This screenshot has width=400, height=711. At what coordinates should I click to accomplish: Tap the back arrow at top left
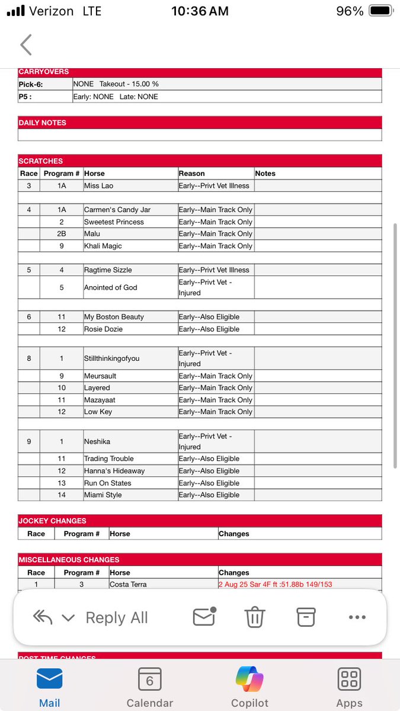tap(25, 45)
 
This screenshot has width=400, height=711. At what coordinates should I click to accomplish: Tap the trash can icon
tap(255, 617)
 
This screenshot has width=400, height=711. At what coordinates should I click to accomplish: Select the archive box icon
tap(306, 617)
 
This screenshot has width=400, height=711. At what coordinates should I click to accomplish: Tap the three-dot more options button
tap(357, 617)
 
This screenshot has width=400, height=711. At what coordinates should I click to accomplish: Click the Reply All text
tap(117, 618)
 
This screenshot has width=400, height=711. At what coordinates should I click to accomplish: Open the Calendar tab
tap(150, 687)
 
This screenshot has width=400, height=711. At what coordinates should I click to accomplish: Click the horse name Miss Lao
tap(98, 186)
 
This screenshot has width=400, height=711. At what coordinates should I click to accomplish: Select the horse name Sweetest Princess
tap(114, 222)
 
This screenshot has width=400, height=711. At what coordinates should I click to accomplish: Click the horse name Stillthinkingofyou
tap(111, 358)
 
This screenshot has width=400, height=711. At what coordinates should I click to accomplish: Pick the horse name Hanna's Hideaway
tap(114, 471)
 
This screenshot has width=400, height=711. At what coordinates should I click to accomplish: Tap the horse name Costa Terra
tap(127, 584)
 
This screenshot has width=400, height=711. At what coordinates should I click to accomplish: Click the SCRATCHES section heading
tap(41, 161)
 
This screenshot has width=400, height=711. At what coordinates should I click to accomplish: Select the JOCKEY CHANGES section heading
tap(52, 521)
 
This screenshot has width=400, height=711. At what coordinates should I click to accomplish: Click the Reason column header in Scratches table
tap(191, 174)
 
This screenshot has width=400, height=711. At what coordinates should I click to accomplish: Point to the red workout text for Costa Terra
tap(275, 584)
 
